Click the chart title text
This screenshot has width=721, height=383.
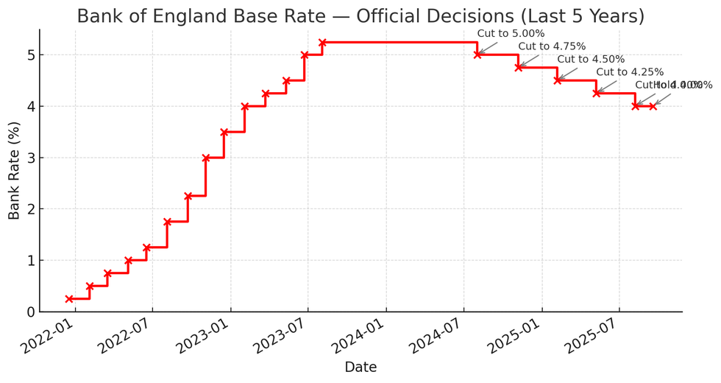point(360,16)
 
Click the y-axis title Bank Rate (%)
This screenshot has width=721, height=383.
point(15,171)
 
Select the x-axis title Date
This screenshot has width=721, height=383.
point(360,366)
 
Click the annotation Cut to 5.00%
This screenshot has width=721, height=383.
point(511,33)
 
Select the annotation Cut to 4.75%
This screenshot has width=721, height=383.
point(552,46)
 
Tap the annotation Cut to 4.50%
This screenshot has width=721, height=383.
point(591,60)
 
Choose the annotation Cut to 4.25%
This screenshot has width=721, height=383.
point(630,72)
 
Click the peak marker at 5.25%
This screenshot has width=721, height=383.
point(322,42)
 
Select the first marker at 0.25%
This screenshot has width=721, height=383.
point(69,299)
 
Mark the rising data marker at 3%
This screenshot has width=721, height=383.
point(206,158)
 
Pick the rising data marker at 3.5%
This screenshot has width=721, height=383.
point(224,132)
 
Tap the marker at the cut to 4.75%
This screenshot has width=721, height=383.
point(519,67)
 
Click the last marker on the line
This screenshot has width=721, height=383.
point(653,106)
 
